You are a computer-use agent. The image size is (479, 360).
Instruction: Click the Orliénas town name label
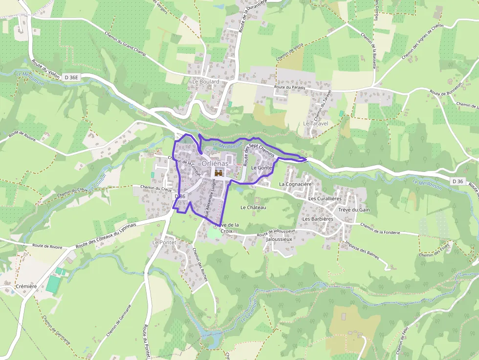coord(215,164)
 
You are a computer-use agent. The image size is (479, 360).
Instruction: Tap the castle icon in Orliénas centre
coord(218,173)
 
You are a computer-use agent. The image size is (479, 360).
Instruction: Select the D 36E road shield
coord(71,77)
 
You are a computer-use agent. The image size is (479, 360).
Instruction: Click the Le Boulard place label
coord(206,81)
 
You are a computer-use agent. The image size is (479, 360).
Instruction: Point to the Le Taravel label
coord(315,124)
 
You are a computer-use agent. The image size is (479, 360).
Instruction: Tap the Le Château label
coord(253,208)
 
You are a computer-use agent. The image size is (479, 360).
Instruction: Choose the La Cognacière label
coord(295,184)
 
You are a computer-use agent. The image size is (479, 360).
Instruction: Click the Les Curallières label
coord(325,199)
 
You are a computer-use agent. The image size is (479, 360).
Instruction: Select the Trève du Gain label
coord(354,210)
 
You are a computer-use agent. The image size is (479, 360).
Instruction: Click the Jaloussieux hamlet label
coord(279,239)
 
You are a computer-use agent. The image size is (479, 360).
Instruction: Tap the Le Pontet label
coord(164,242)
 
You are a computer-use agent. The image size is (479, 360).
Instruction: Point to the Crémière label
coord(26,286)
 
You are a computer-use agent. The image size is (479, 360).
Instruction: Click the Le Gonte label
coord(261,168)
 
